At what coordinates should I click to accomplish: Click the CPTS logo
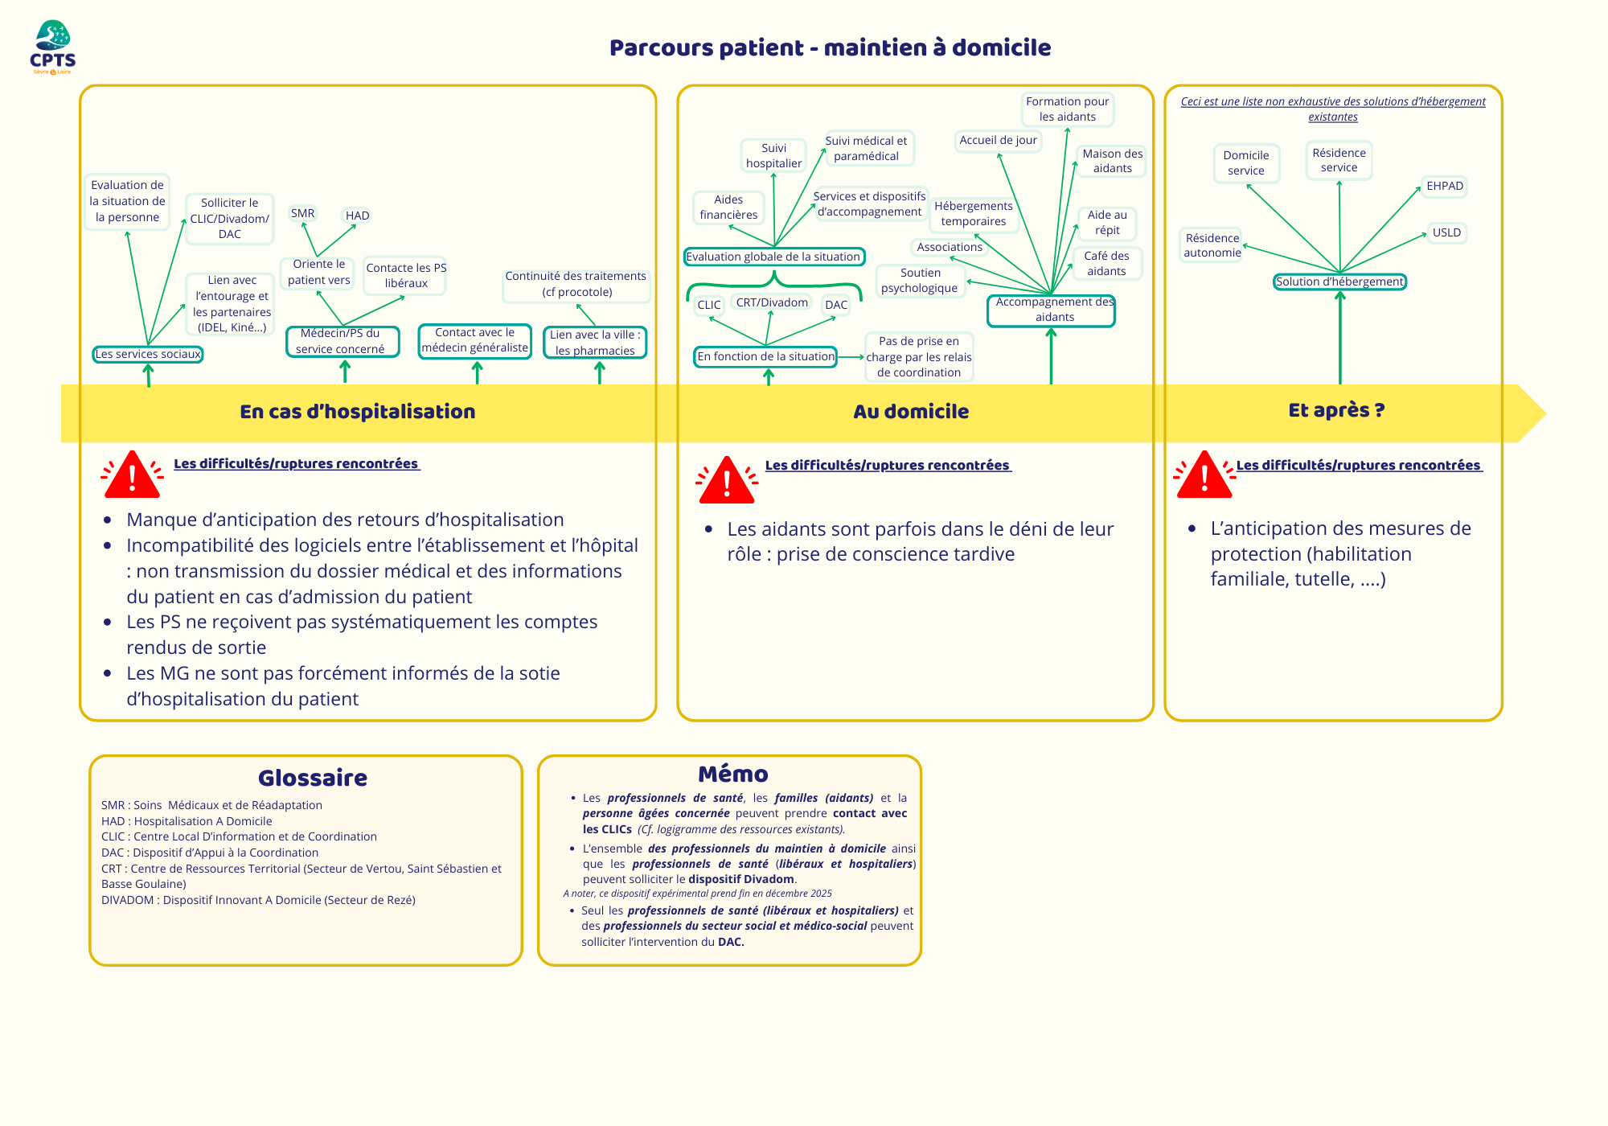pos(53,47)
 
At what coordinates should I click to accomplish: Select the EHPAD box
pos(1445,187)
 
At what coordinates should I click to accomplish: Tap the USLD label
pos(1446,233)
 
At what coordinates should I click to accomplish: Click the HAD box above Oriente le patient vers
pos(357,216)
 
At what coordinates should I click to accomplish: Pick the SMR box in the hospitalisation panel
pos(303,213)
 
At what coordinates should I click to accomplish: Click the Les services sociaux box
pos(148,354)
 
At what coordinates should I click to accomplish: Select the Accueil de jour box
pos(999,141)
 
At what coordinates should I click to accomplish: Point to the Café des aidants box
pos(1106,264)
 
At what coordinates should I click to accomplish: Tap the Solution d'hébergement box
pos(1339,281)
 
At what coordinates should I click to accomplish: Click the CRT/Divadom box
pos(772,303)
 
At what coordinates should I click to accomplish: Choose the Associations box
pos(950,247)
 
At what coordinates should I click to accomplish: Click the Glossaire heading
pos(313,778)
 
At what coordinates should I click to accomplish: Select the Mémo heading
pos(733,774)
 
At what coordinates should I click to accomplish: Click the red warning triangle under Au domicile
pos(727,481)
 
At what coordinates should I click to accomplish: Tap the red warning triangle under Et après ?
pos(1204,476)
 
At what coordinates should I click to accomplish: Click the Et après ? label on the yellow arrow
pos(1336,410)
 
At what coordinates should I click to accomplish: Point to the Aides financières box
pos(728,208)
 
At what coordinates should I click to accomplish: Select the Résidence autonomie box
pos(1212,245)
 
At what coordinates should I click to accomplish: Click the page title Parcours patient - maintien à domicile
pos(830,48)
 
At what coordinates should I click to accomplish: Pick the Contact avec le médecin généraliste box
pos(475,341)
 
